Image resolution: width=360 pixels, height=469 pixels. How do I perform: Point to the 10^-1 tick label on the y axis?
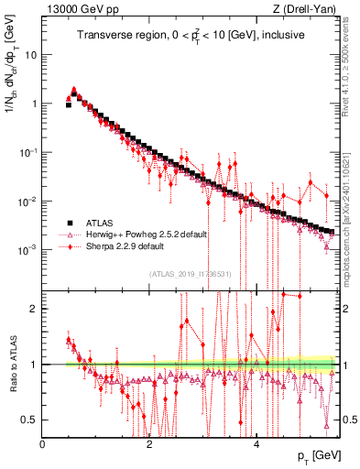click(x=28, y=152)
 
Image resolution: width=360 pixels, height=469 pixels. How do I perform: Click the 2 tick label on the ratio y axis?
click(x=34, y=309)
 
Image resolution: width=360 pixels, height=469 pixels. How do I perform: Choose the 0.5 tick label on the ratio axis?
click(x=30, y=420)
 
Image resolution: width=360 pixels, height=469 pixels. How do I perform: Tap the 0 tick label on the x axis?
click(x=43, y=443)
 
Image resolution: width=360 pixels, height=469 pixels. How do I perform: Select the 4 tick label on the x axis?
click(x=256, y=443)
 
